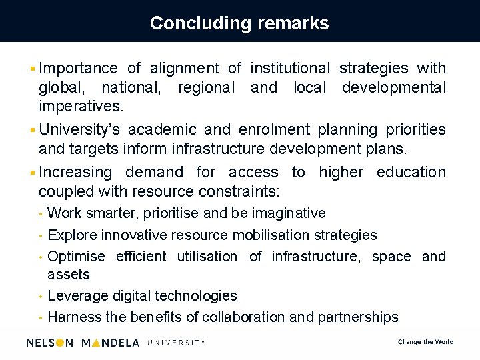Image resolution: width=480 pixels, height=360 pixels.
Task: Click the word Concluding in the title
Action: tap(193, 23)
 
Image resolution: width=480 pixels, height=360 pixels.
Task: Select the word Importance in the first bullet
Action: tap(78, 68)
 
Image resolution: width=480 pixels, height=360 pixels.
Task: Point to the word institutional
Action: tap(289, 68)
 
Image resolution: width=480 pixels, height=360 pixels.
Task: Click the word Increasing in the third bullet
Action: tap(76, 172)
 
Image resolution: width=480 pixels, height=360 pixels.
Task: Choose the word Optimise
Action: tap(77, 257)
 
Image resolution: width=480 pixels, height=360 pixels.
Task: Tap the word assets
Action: tap(68, 275)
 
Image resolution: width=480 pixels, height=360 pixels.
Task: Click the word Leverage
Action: tap(78, 296)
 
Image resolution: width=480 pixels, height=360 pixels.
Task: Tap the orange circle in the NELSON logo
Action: tap(59, 343)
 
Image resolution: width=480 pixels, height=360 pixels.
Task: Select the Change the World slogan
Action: tap(425, 342)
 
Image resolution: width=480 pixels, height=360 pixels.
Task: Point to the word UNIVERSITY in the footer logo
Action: tap(176, 343)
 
